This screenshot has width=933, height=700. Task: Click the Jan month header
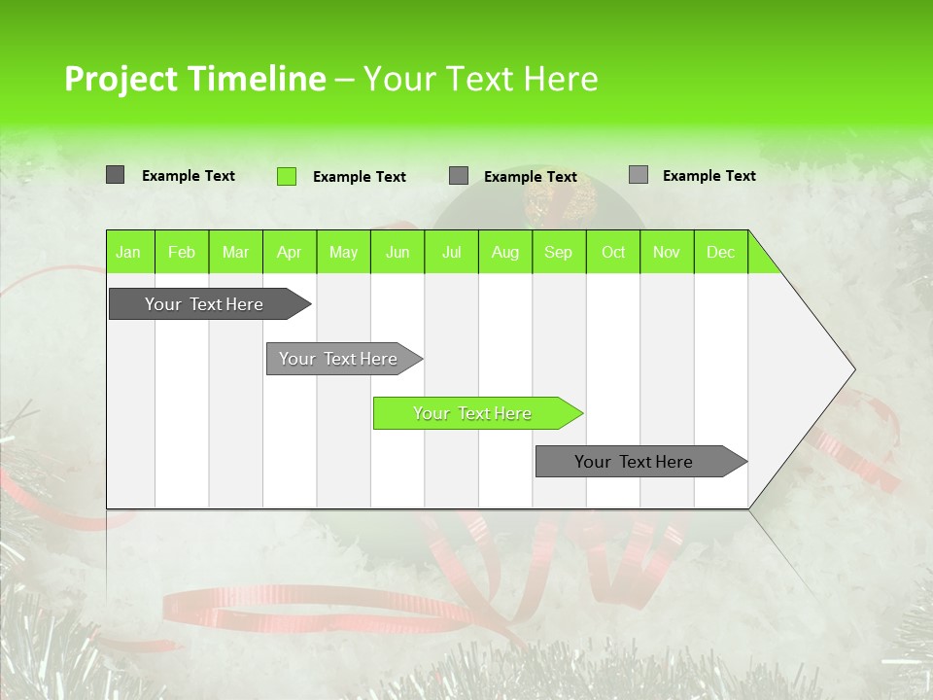128,252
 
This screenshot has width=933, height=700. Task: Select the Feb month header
182,252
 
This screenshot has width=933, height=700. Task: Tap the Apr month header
289,252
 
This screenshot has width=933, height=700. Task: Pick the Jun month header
397,252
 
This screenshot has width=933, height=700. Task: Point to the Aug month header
504,252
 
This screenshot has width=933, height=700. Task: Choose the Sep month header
558,252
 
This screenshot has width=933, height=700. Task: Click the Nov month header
667,252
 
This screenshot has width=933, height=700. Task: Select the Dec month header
720,252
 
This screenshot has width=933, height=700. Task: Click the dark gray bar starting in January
204,304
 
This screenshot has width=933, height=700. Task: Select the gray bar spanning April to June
338,359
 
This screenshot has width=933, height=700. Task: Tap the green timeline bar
472,413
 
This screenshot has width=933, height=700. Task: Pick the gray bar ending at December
634,462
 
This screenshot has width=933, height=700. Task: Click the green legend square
287,176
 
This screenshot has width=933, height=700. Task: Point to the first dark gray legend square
116,175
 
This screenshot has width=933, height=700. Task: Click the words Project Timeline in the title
194,79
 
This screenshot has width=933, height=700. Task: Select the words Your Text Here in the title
480,79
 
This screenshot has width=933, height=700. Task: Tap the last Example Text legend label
708,176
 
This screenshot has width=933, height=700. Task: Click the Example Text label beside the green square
359,177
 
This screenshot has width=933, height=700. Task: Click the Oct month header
613,252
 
